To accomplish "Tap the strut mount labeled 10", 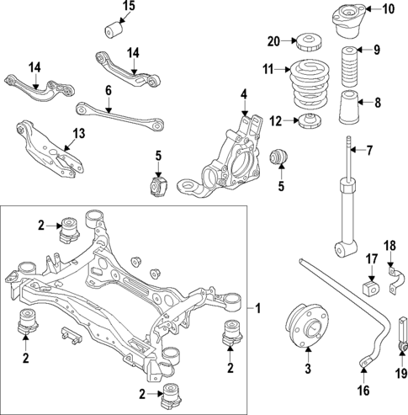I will tap(349, 17).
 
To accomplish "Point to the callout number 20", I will tap(274, 40).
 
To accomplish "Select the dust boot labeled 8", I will tap(350, 106).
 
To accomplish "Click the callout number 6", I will tap(109, 89).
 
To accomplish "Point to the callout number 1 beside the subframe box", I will tap(259, 309).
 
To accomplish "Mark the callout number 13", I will tap(79, 133).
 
